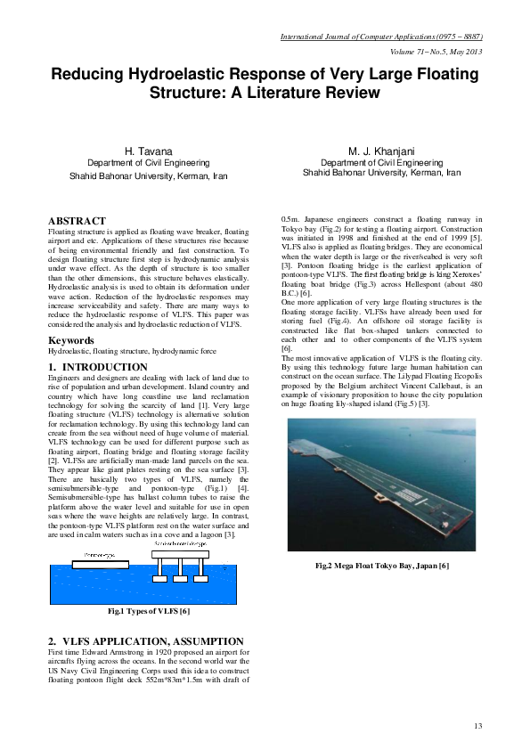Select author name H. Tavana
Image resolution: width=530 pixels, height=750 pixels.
(149, 153)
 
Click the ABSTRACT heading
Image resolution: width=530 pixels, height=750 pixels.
(77, 221)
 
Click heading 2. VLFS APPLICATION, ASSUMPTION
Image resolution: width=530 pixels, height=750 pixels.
(145, 641)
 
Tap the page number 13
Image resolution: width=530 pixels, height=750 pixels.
(478, 727)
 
